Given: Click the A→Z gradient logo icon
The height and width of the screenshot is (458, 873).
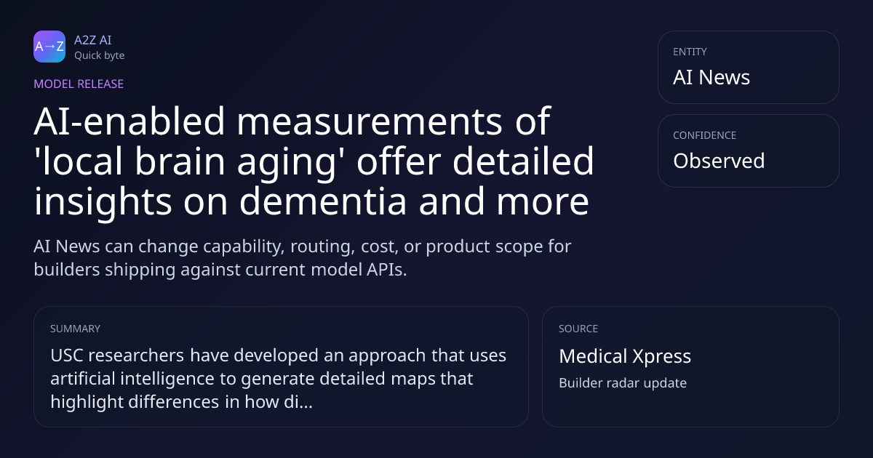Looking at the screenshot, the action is click(x=49, y=47).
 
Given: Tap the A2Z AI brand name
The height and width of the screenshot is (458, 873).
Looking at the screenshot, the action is click(x=93, y=40).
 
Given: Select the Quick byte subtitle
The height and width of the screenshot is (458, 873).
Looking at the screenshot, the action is click(x=100, y=56).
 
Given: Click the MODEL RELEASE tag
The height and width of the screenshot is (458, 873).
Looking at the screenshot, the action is click(x=79, y=84).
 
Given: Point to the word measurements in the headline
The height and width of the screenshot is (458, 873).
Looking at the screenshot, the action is click(x=370, y=121).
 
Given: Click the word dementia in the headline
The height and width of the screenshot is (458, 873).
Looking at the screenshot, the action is click(x=323, y=201).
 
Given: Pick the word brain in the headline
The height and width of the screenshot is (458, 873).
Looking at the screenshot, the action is click(x=180, y=161).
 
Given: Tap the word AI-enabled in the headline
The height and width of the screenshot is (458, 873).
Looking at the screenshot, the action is click(x=129, y=121).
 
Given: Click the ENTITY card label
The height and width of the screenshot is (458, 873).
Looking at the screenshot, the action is click(x=690, y=52).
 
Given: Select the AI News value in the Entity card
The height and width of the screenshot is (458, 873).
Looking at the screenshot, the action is click(x=711, y=77).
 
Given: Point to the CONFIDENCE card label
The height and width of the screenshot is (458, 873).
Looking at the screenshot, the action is click(x=705, y=135).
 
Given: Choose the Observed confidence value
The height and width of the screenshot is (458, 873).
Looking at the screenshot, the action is click(x=719, y=161).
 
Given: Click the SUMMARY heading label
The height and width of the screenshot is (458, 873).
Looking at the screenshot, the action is click(x=75, y=329).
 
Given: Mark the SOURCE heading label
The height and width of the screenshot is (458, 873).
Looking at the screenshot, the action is click(x=578, y=329).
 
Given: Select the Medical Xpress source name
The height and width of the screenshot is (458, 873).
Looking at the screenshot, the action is click(x=625, y=356).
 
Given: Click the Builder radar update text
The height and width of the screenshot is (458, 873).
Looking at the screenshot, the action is click(x=623, y=383).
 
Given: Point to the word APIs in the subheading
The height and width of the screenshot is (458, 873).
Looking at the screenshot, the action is click(x=386, y=270).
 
